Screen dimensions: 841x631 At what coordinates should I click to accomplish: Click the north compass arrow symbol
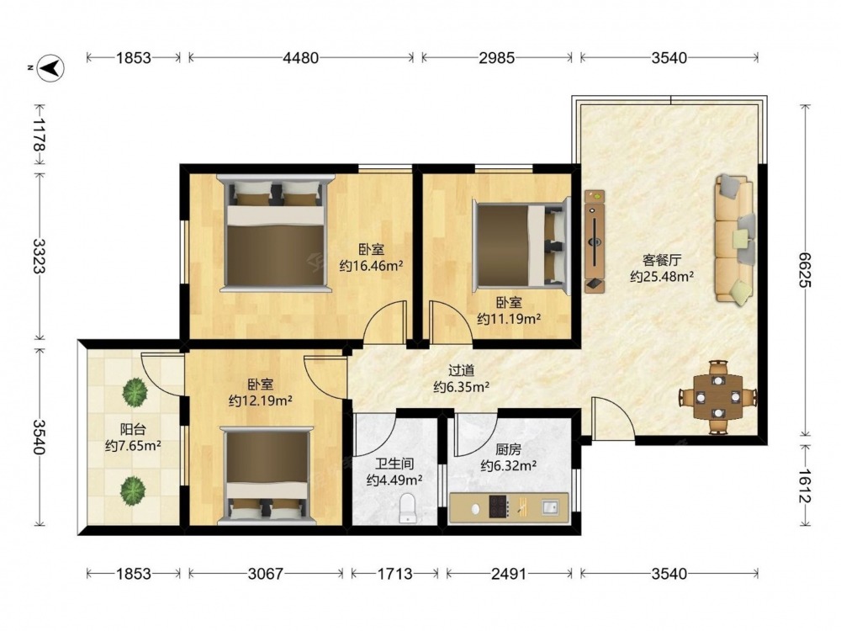click(x=51, y=68)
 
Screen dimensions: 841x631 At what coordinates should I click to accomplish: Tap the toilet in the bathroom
click(x=408, y=508)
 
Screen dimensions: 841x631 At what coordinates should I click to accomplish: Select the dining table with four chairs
click(x=718, y=397)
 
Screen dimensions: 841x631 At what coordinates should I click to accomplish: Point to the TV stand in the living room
click(x=595, y=241)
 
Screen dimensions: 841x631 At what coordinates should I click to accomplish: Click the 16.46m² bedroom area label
click(x=371, y=266)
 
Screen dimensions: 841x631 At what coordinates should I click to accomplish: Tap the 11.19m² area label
click(x=509, y=319)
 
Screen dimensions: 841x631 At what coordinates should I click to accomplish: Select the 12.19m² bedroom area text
click(x=261, y=400)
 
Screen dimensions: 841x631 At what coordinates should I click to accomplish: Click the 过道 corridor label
click(x=461, y=370)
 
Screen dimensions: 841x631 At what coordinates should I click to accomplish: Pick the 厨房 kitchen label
click(x=508, y=449)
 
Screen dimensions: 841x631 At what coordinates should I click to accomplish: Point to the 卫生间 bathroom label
click(x=394, y=463)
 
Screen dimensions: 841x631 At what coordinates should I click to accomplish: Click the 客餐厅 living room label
click(x=662, y=261)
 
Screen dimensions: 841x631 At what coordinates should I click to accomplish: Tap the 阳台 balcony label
click(x=133, y=429)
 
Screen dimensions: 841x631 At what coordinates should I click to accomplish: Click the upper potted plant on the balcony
click(x=135, y=392)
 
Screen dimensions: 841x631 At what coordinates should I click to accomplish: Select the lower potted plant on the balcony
click(x=133, y=490)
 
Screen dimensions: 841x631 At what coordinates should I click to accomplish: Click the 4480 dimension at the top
click(x=301, y=57)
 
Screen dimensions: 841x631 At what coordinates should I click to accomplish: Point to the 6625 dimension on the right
click(x=803, y=269)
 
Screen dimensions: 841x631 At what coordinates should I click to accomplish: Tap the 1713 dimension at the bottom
click(x=394, y=574)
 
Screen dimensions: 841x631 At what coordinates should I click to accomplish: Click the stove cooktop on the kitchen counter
click(x=499, y=506)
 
